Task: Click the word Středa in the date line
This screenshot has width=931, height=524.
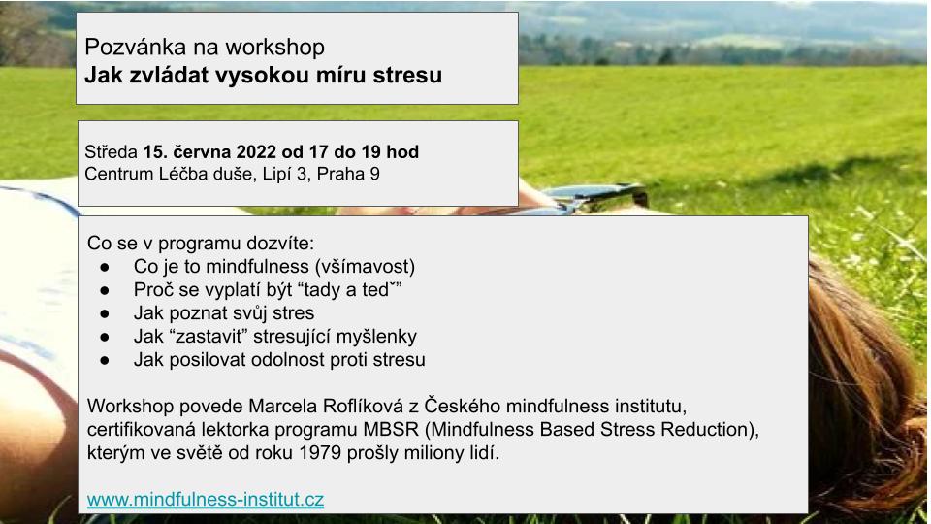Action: click(x=111, y=151)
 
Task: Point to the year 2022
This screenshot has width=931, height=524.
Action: click(x=256, y=152)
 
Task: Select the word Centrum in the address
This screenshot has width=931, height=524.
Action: click(x=118, y=174)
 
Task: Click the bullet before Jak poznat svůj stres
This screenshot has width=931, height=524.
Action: click(x=105, y=313)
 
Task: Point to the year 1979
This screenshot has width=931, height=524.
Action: click(x=320, y=453)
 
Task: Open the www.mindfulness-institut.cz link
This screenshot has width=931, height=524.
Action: click(x=206, y=500)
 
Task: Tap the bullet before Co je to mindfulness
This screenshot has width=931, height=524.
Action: click(x=105, y=268)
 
